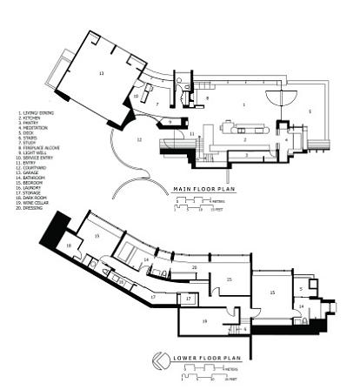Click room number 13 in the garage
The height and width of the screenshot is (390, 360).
point(102,76)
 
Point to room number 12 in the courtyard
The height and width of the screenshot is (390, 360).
point(138,138)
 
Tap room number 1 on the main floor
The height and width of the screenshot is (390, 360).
point(243,104)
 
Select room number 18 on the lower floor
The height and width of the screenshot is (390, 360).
point(69,246)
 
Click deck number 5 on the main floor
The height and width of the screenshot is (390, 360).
point(308,112)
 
